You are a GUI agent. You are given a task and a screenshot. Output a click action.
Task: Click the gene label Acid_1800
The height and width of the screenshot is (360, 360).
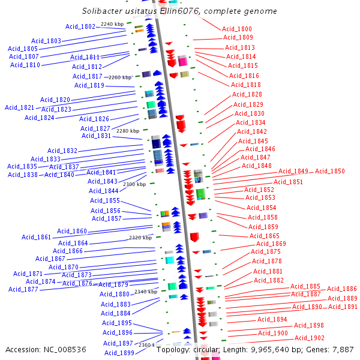237,29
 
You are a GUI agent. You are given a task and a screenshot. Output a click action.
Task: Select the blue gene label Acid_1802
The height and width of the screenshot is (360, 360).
80,26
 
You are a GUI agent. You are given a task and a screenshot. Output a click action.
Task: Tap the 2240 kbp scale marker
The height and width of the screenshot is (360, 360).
112,24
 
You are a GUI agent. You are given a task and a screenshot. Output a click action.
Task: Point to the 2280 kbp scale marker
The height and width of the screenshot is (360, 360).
127,131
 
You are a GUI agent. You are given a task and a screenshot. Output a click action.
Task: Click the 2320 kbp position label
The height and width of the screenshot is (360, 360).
140,238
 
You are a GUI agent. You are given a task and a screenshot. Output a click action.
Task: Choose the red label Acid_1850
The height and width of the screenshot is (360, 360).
330,171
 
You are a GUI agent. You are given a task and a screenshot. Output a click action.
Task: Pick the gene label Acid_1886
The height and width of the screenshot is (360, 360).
342,289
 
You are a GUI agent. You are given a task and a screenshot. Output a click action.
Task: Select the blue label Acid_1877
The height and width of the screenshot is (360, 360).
23,289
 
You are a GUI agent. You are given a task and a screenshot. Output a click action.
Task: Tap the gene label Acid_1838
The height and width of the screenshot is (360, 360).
23,175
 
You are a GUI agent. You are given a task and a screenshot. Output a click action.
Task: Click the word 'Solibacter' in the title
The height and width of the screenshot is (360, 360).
103,11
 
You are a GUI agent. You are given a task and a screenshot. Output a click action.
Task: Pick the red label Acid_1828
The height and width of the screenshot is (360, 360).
247,94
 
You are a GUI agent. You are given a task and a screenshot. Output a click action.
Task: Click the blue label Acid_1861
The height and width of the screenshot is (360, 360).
37,237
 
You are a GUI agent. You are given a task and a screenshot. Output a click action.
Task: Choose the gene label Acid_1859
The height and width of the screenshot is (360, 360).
263,227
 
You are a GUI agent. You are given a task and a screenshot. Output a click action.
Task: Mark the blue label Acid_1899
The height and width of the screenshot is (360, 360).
119,353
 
